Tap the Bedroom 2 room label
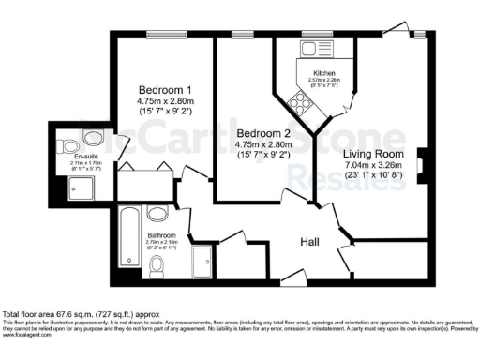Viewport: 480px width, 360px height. [260, 133]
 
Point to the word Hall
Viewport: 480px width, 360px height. [309, 242]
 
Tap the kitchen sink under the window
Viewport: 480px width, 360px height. [308, 47]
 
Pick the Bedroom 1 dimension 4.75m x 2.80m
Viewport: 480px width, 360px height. [164, 101]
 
